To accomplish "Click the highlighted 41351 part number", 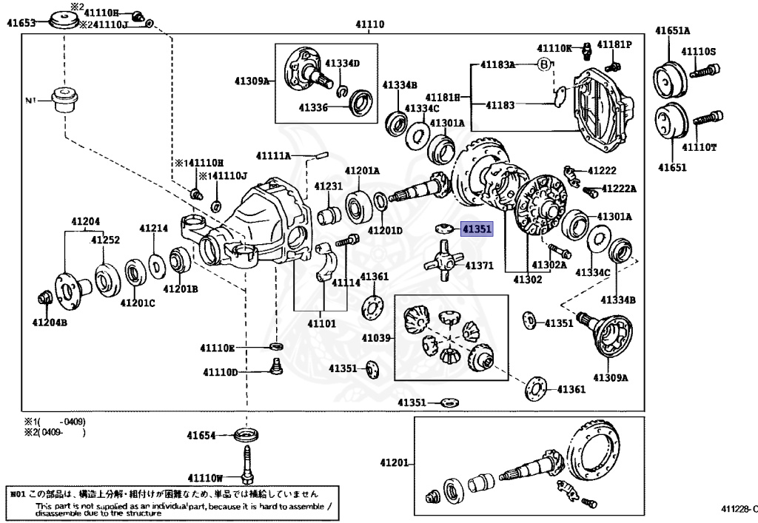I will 476,229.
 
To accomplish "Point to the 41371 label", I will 479,265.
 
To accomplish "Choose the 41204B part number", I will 50,322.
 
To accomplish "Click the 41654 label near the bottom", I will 200,436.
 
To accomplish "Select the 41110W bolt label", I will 205,477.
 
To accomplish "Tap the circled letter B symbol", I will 544,65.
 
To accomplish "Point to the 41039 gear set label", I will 376,338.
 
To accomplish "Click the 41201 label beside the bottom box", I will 395,462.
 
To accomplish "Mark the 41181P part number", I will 614,45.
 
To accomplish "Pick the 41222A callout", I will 618,189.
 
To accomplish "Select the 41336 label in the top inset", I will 313,107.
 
